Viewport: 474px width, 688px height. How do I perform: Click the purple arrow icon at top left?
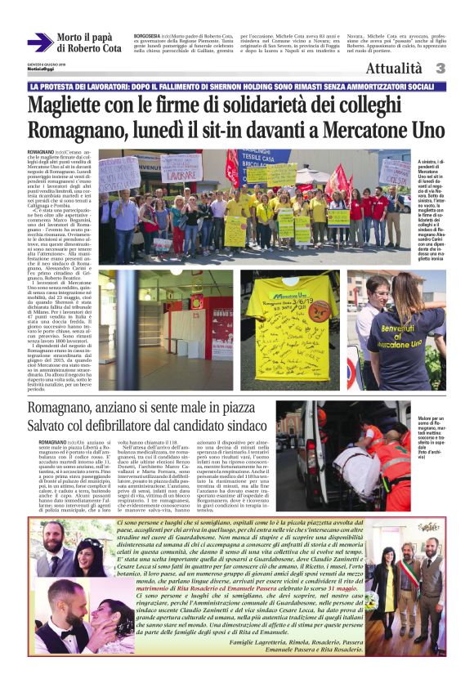pos(40,42)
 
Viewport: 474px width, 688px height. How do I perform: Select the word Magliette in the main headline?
pos(69,105)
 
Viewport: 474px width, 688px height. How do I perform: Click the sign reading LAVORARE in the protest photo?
pos(181,172)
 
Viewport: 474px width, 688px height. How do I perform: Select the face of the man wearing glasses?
pos(378,293)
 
